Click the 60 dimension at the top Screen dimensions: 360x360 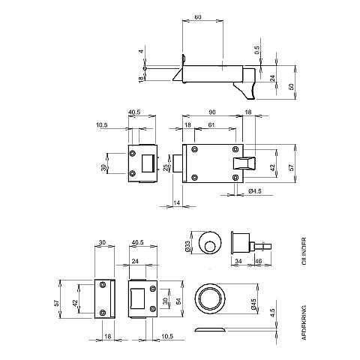tap(198, 17)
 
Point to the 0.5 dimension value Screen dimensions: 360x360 tap(257, 50)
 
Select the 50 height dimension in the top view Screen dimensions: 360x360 tap(292, 87)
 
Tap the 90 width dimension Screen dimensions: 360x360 tap(212, 112)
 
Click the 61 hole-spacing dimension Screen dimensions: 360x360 tap(211, 124)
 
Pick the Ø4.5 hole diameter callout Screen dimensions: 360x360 tap(255, 191)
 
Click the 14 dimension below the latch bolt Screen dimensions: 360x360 tap(177, 203)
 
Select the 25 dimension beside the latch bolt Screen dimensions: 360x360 tap(166, 167)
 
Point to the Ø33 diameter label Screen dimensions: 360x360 tap(188, 246)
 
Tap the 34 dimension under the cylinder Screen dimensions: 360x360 tap(238, 261)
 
